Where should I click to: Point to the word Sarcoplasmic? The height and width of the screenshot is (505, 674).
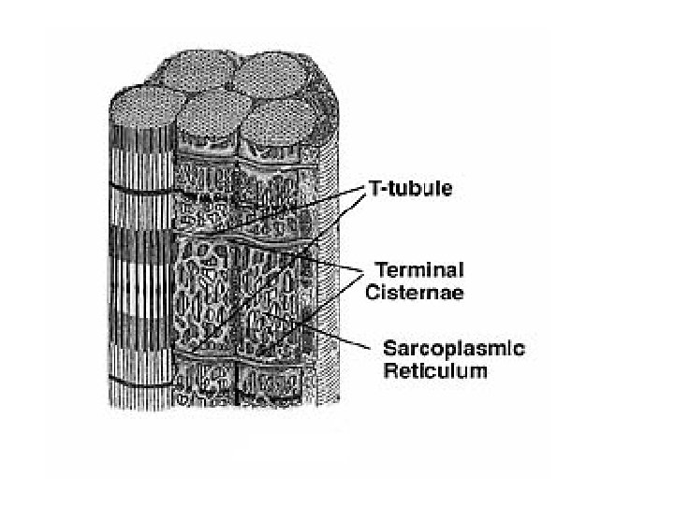[454, 349]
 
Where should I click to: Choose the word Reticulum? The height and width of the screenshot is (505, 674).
[435, 370]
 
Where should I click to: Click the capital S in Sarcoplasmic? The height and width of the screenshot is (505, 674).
[390, 349]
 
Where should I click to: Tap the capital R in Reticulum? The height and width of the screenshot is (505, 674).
[391, 370]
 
